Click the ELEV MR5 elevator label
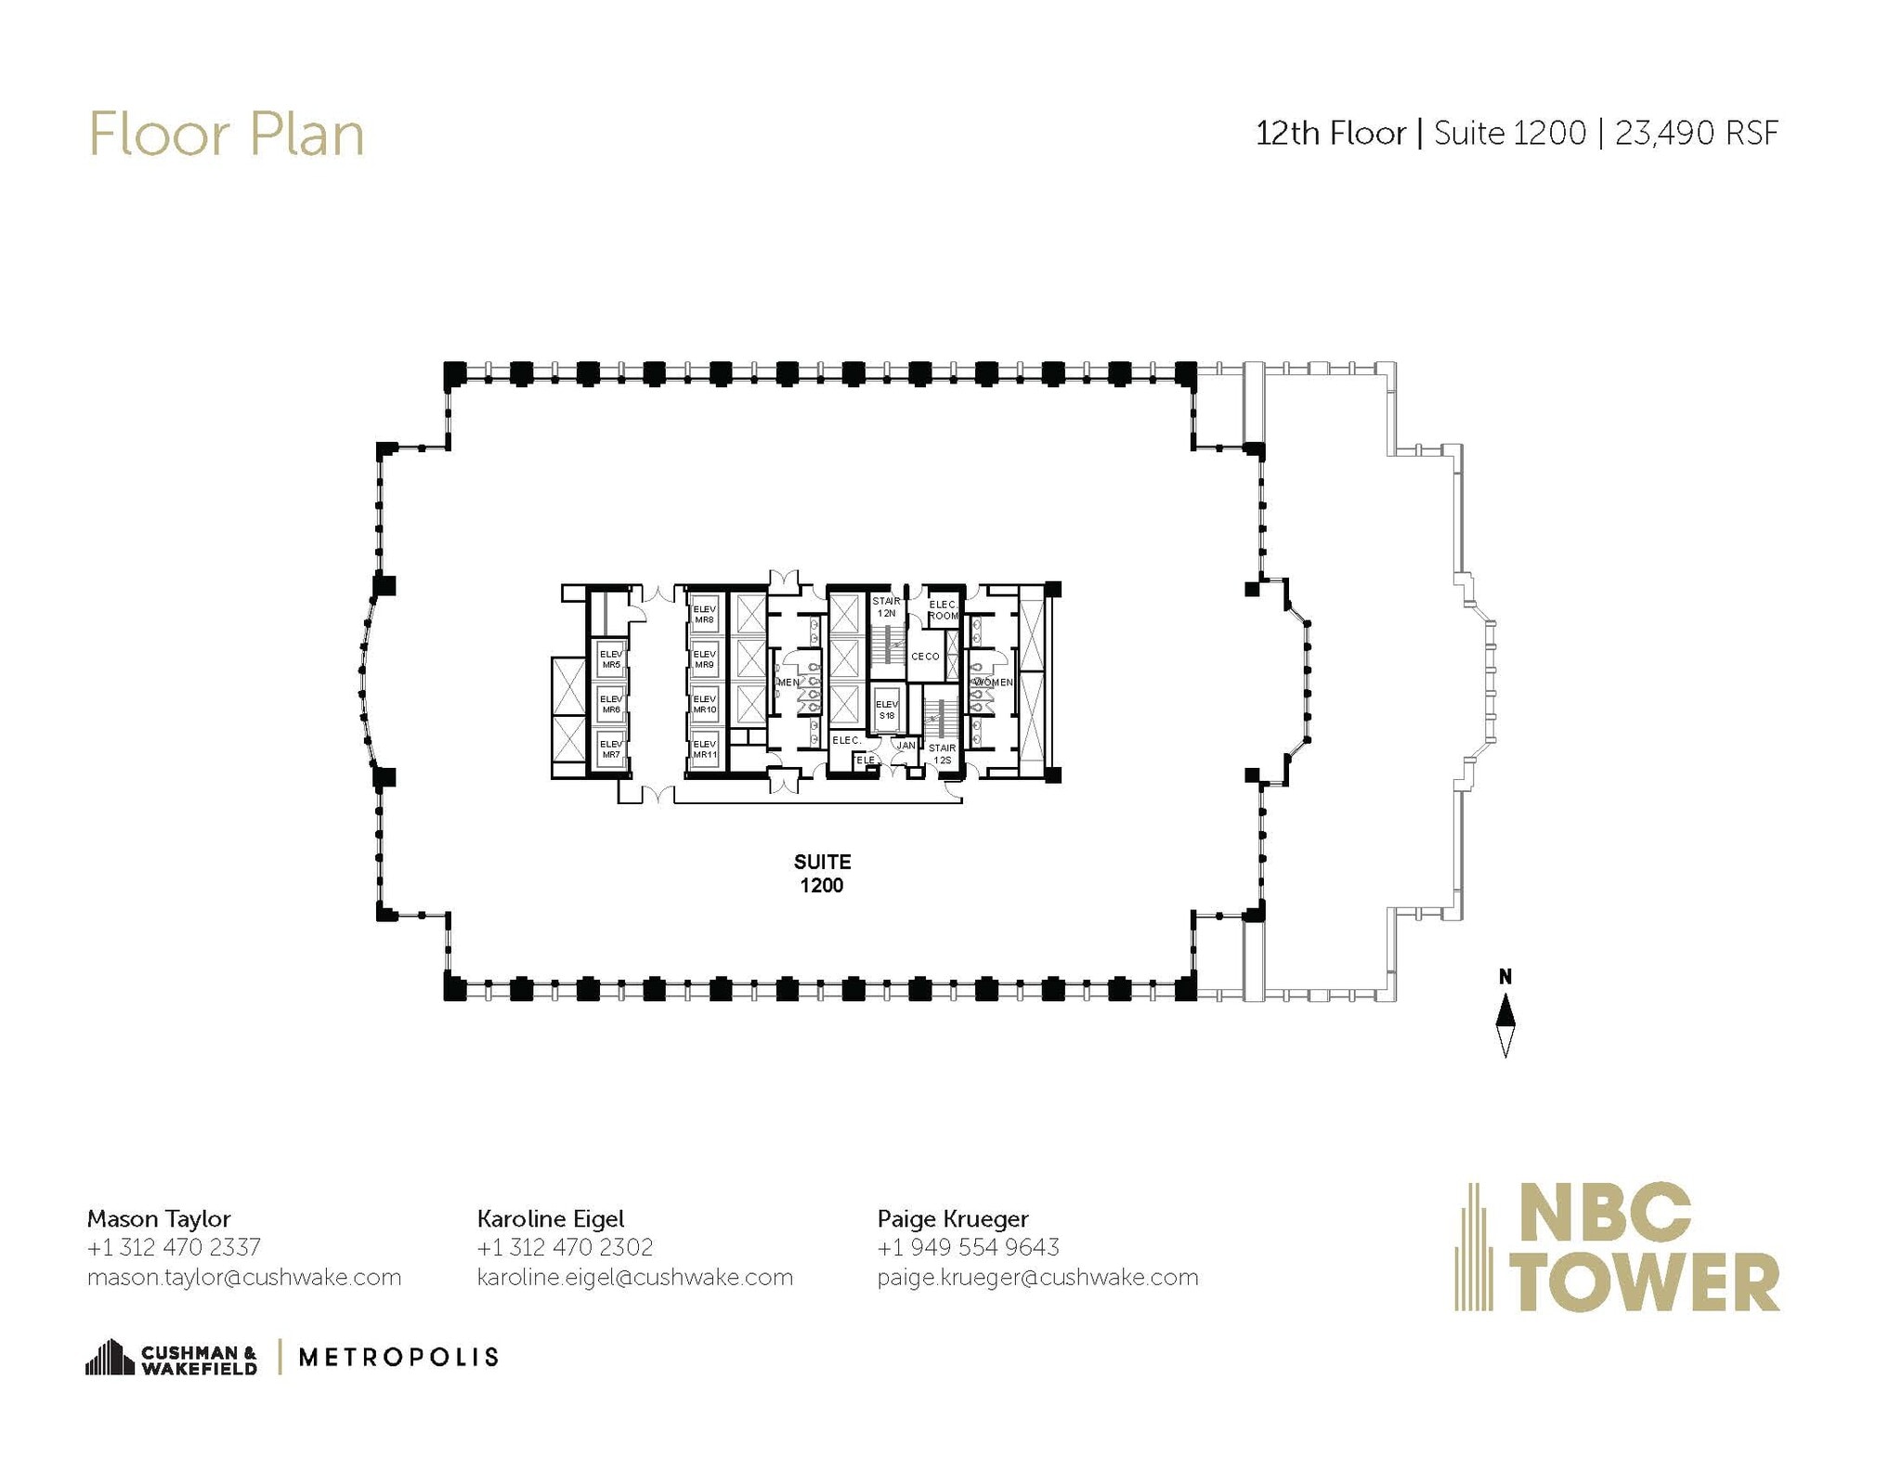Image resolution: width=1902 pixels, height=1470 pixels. coord(610,659)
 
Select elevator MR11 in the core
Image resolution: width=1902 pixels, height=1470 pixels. coord(704,749)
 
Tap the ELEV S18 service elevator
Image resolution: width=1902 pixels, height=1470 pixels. coord(886,710)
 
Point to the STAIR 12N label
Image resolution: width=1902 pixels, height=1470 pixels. coord(886,607)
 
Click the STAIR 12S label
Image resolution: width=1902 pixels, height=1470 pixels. coord(942,753)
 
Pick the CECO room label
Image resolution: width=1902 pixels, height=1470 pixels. coord(925,657)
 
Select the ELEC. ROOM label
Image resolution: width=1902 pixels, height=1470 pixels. coord(943,610)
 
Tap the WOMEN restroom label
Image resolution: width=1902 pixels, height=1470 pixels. coord(992,683)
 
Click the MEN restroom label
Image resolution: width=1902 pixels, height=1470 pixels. coord(788,683)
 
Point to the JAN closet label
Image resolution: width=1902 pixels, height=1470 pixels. coord(905,746)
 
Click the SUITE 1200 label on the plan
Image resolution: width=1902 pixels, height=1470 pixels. coord(822,873)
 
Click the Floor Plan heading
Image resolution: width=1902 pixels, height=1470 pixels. coord(226,135)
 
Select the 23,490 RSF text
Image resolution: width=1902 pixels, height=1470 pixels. coord(1696,134)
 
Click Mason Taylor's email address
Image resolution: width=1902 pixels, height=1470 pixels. coord(244,1277)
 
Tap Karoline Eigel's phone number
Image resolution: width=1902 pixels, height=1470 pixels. coord(565,1247)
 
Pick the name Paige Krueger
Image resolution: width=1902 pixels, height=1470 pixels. coord(953,1218)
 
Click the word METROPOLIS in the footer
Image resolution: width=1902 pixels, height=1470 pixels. coord(398,1358)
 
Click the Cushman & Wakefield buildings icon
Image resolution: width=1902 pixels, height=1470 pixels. coord(110,1357)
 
